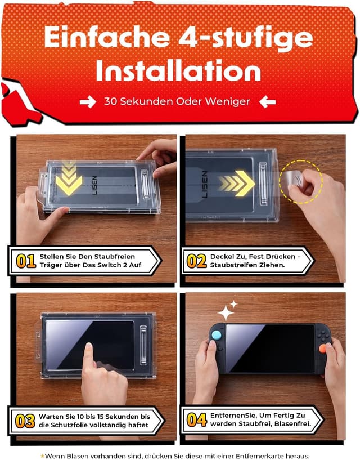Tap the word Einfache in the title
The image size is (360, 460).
(x=107, y=37)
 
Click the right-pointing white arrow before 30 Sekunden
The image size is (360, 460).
(x=88, y=102)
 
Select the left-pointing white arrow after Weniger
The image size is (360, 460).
(x=268, y=102)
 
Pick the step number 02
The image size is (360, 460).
(x=196, y=261)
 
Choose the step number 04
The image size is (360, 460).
(x=196, y=421)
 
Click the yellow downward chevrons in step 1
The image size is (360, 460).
(x=70, y=177)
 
